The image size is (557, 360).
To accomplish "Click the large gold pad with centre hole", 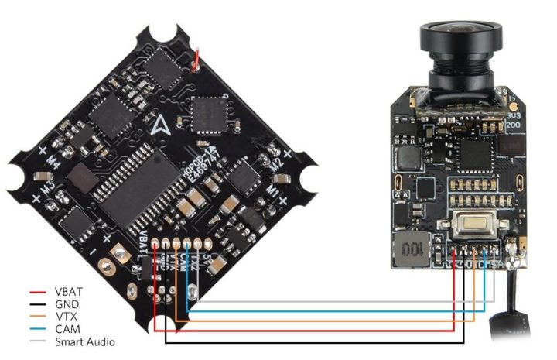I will click(118, 252).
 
